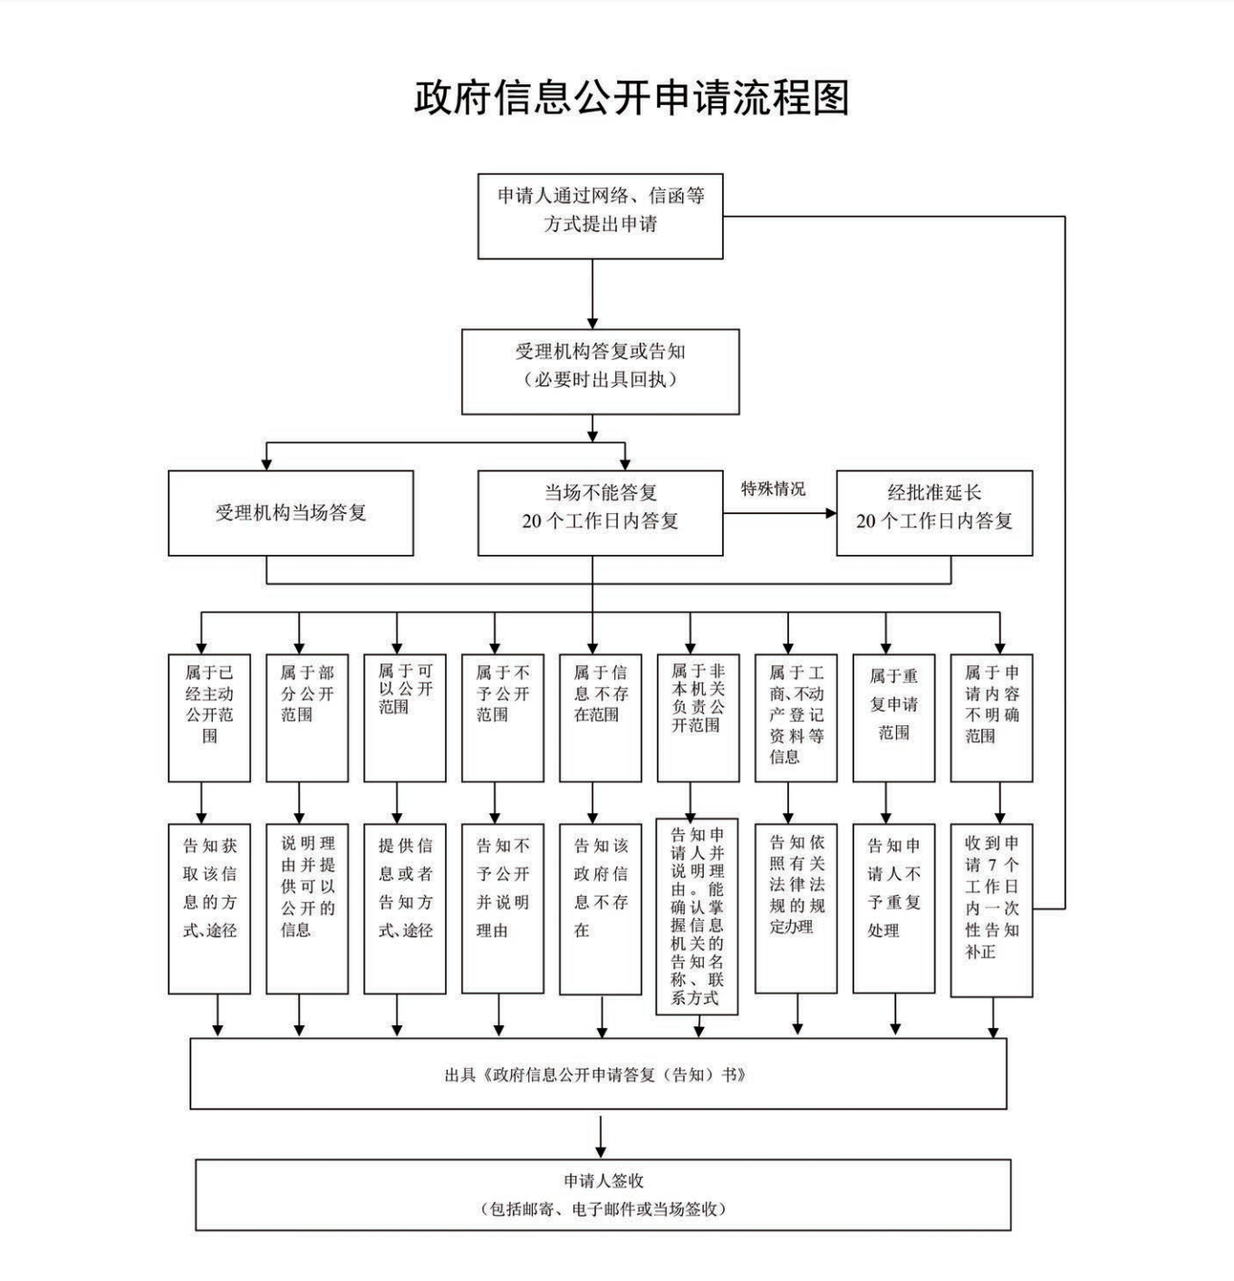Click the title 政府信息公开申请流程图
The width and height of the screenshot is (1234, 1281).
[x=631, y=98]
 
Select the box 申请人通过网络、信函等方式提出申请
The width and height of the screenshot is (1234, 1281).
[x=600, y=216]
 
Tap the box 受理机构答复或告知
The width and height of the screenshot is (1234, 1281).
[x=600, y=372]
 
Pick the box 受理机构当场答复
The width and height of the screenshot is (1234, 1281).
[x=290, y=513]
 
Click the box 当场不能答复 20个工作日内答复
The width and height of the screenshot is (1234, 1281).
[x=600, y=513]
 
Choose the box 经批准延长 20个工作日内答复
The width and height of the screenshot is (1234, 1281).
[x=933, y=513]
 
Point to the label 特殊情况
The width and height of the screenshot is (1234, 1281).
[x=773, y=490]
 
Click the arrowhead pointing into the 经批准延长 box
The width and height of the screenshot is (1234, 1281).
[x=830, y=513]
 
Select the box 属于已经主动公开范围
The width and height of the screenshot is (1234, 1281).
[x=209, y=717]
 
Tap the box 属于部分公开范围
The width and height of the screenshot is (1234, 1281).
[x=307, y=717]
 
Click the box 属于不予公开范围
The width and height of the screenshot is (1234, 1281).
[x=502, y=717]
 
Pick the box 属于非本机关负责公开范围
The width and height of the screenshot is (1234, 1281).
[x=698, y=717]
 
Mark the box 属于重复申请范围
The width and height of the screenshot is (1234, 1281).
[x=893, y=717]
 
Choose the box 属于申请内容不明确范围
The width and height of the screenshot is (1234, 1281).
[x=991, y=717]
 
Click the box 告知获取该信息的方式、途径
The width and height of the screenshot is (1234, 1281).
[x=209, y=908]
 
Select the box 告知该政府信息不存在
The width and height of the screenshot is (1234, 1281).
[x=600, y=908]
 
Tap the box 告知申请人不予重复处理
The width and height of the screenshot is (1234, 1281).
[x=893, y=908]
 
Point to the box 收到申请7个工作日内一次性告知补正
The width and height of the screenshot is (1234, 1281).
[x=991, y=910]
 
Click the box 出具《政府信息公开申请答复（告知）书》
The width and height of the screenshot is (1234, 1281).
[x=598, y=1074]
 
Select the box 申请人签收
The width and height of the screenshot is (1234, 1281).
[x=603, y=1195]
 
